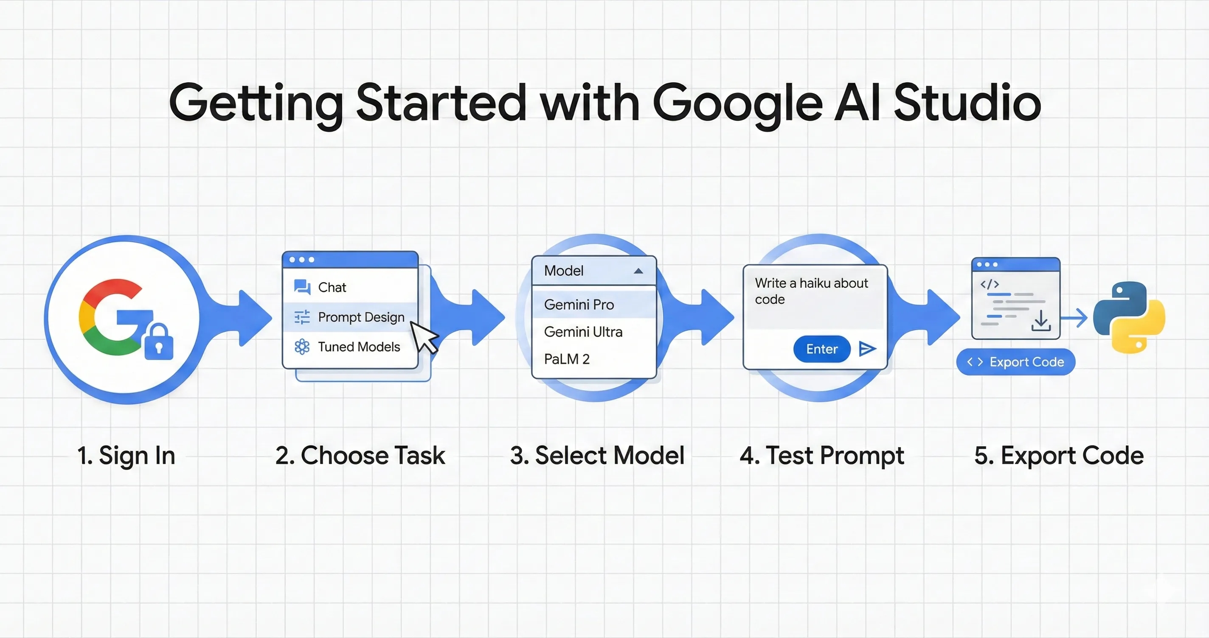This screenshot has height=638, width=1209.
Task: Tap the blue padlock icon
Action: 159,343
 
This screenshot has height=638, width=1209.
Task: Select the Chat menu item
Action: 332,287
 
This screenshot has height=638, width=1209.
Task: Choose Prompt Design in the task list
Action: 360,317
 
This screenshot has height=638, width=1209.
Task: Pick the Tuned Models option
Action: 359,347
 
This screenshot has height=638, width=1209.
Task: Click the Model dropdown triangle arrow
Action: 638,271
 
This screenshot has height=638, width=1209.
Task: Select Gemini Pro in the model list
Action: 579,305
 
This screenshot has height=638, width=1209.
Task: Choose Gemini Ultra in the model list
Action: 583,332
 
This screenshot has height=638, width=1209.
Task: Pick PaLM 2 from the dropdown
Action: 566,359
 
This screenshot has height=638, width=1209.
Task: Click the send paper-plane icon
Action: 866,349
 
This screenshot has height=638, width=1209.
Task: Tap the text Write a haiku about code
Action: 811,291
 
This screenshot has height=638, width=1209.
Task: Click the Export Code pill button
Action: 1015,362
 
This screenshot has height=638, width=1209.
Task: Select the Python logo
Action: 1129,317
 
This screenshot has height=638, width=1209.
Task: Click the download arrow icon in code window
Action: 1041,320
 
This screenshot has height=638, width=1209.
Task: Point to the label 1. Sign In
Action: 126,456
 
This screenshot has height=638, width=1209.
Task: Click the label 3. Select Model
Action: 597,456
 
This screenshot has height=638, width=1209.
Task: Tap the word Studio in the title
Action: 967,102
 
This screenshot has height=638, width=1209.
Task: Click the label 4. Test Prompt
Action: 821,456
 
